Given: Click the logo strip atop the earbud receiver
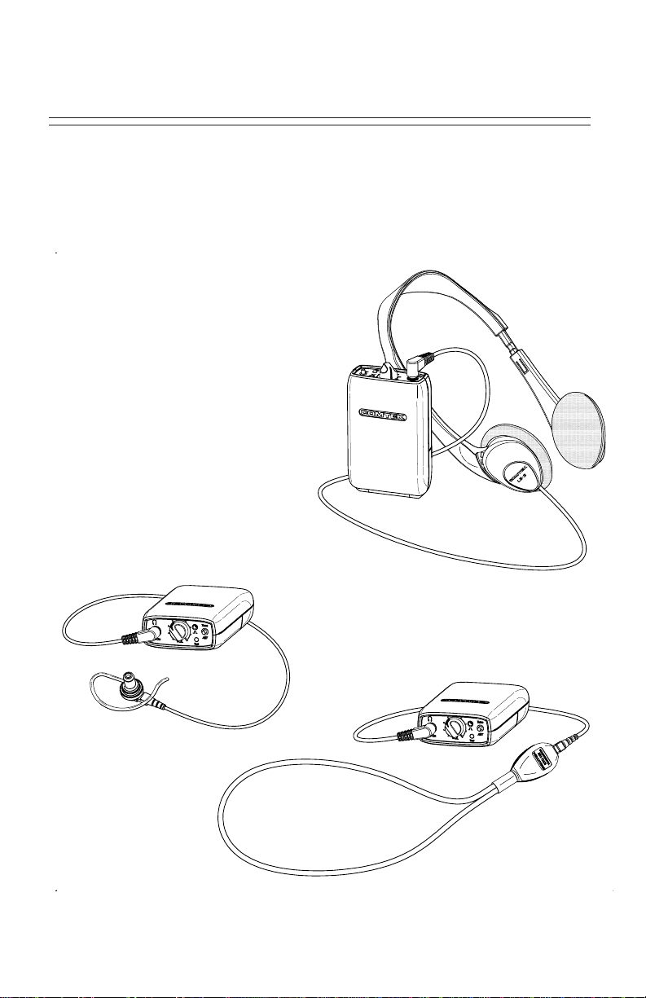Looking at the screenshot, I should [x=192, y=605].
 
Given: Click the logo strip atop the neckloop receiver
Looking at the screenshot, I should [x=468, y=698].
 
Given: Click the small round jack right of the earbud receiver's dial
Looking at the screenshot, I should [x=204, y=632].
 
